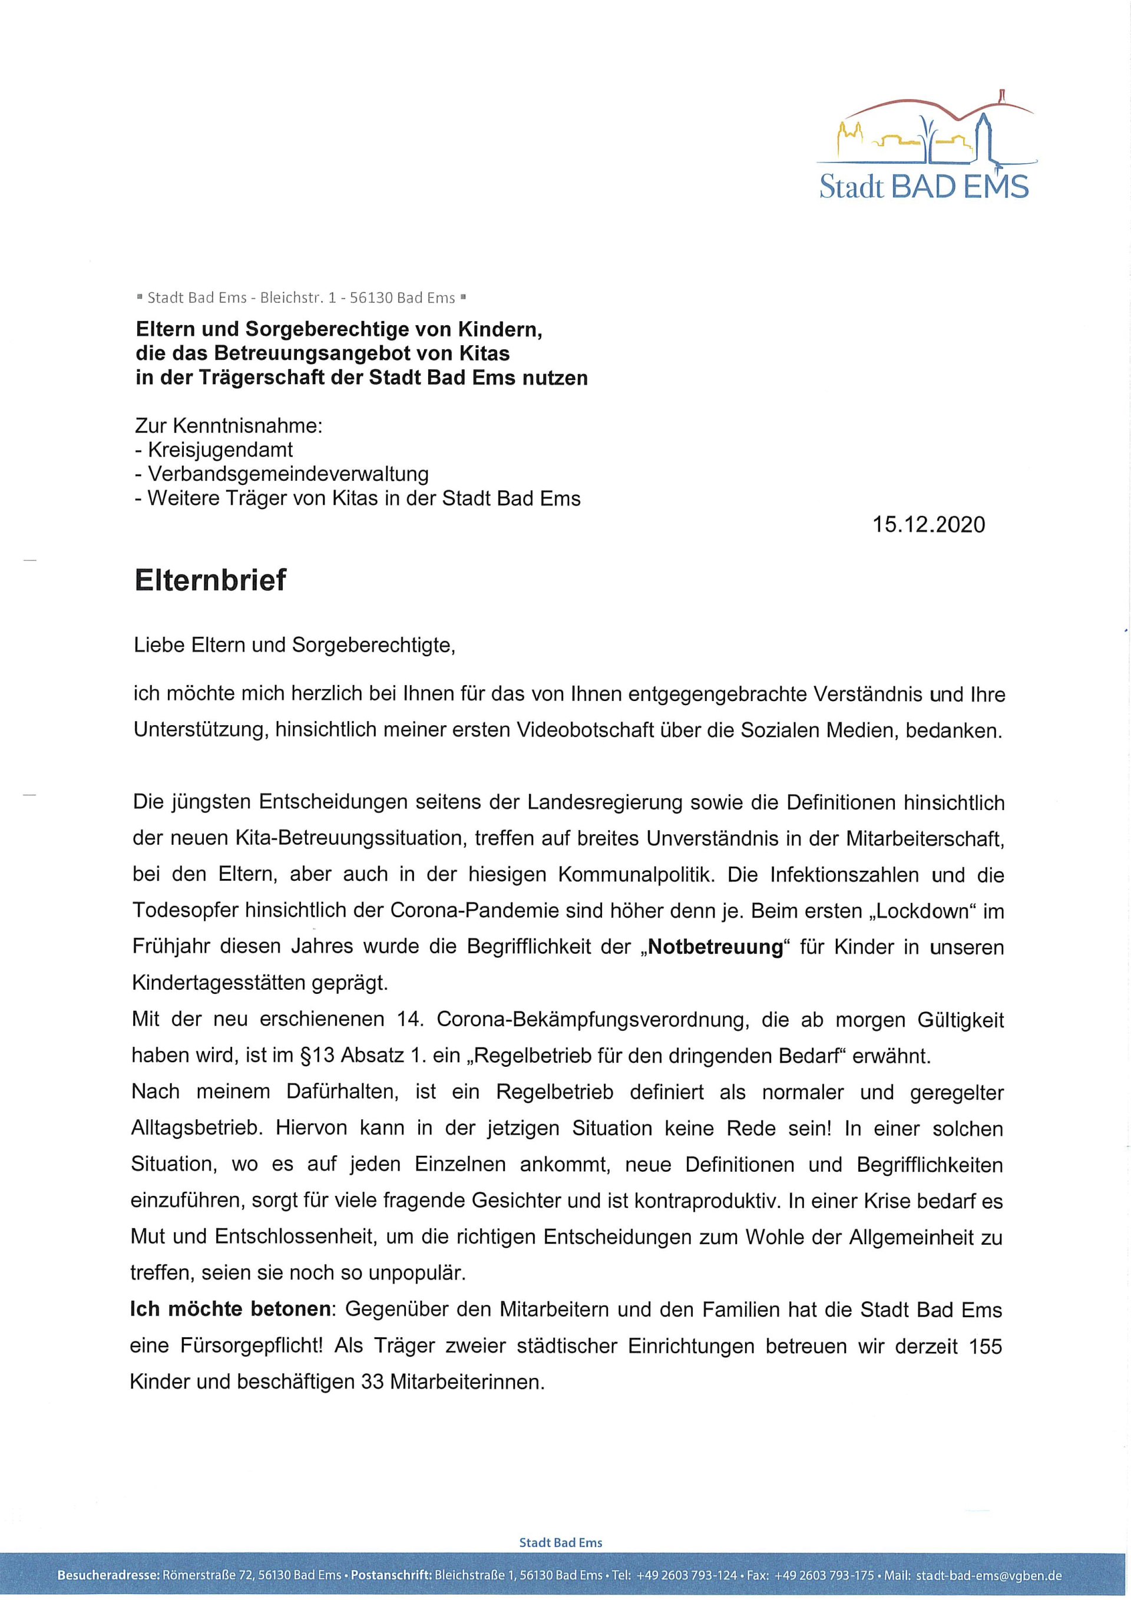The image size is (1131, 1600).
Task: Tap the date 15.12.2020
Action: [x=928, y=524]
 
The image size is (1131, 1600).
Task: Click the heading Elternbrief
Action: [x=210, y=580]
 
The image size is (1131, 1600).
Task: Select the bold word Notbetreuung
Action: [x=715, y=947]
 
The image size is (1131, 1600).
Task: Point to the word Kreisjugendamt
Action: [x=220, y=450]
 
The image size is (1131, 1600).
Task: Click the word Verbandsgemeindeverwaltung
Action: [x=288, y=475]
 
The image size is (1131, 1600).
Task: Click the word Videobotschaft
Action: [x=589, y=730]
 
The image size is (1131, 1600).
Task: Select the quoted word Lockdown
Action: [x=924, y=911]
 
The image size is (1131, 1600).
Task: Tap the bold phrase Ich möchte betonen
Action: [x=230, y=1310]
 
